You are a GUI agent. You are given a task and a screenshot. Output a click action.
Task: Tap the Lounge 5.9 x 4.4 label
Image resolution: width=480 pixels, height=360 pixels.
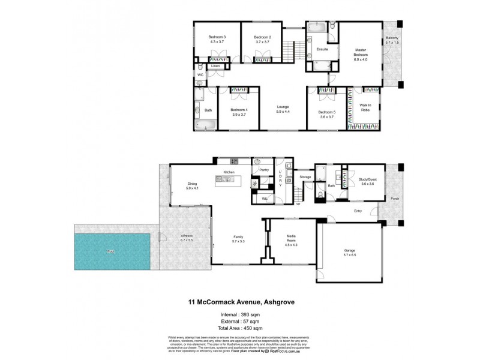tap(283, 109)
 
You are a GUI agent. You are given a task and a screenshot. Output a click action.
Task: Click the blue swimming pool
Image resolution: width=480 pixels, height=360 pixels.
tap(112, 251)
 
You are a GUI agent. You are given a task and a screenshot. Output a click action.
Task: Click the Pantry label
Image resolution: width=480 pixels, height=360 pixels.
tap(263, 170)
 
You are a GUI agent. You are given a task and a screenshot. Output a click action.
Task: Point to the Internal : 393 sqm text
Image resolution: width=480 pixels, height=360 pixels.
tap(239, 314)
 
